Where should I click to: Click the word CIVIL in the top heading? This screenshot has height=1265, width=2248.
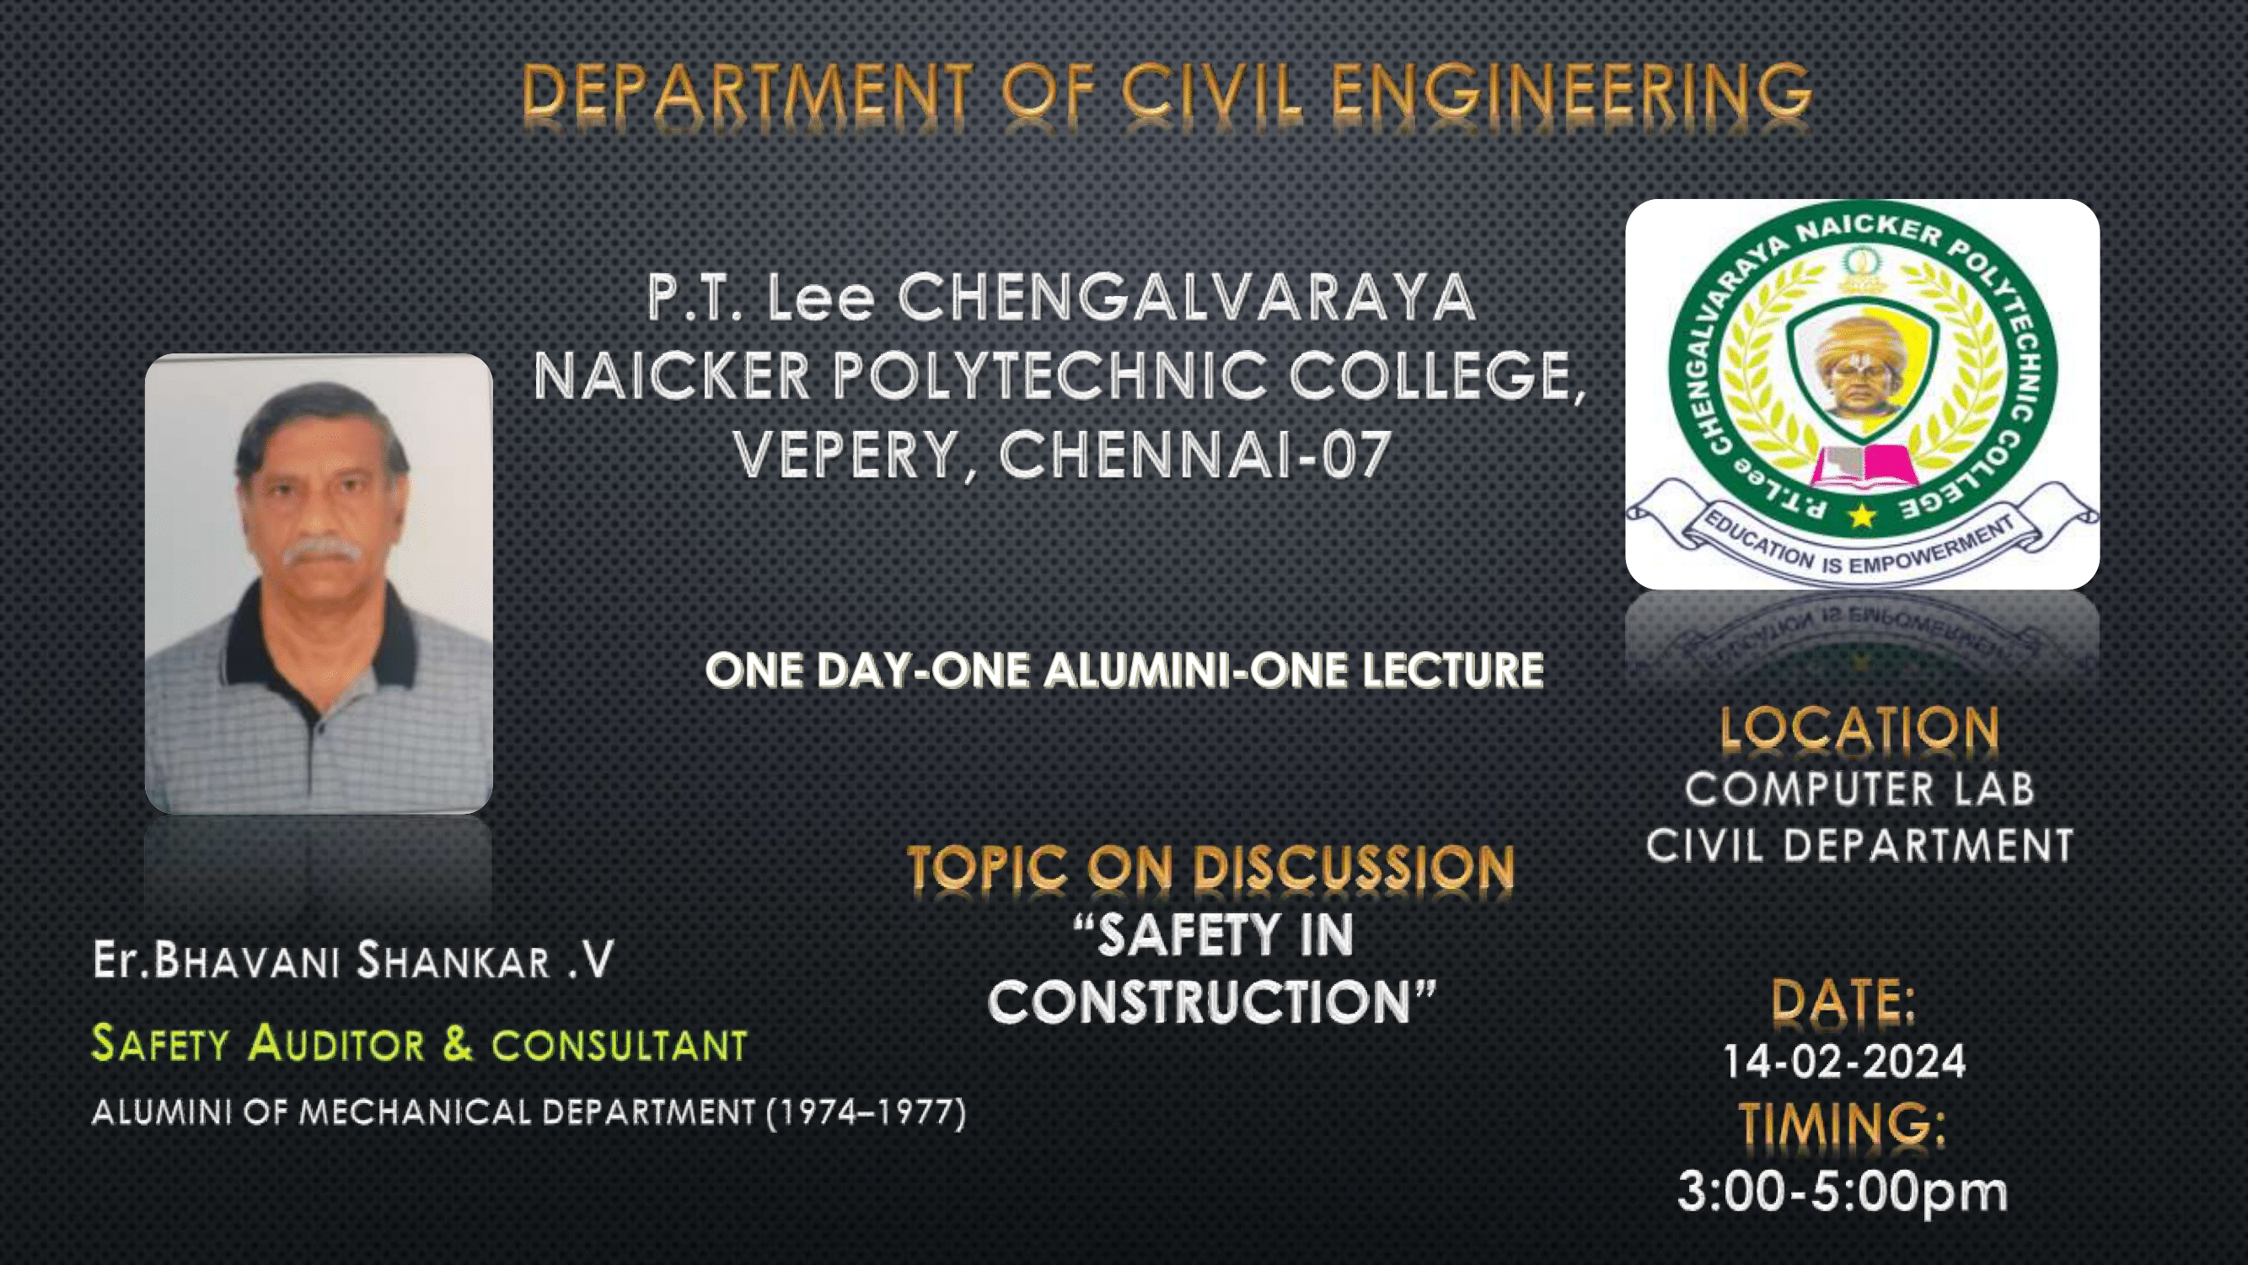click(1212, 92)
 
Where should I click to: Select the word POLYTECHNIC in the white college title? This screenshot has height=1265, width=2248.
click(1049, 376)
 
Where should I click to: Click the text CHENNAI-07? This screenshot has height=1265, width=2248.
click(1194, 455)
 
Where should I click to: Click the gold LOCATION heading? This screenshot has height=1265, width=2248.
click(1859, 728)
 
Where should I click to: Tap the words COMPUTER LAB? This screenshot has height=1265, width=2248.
click(1859, 789)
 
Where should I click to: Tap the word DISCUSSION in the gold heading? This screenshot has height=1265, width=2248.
click(1354, 869)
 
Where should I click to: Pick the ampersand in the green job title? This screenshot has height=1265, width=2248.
click(458, 1043)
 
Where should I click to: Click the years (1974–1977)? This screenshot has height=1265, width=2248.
click(866, 1112)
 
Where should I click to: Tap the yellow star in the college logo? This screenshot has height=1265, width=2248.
click(1861, 515)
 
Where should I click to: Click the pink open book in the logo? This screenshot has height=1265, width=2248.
click(1863, 462)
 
